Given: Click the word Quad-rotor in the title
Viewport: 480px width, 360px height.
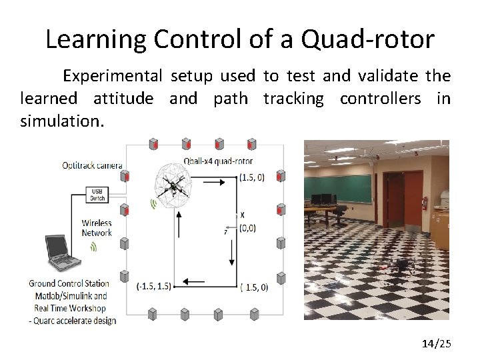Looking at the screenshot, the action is click(x=367, y=39).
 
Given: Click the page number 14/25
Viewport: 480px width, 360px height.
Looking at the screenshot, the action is click(x=437, y=344).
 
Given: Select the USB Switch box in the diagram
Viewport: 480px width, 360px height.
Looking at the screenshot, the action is click(x=97, y=195).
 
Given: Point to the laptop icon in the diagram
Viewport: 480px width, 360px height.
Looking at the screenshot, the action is click(x=60, y=254).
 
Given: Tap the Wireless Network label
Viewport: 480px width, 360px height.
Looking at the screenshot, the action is click(x=97, y=228).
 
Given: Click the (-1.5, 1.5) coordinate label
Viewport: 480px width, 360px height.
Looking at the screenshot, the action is click(x=153, y=287).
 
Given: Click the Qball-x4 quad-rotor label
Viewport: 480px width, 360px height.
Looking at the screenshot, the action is click(x=218, y=161).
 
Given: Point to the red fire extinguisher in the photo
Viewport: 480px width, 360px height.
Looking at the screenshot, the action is click(x=424, y=203).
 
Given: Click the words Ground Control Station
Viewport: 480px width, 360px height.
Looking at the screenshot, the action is click(x=70, y=283).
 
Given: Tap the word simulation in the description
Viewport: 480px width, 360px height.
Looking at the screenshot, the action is click(x=61, y=122).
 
